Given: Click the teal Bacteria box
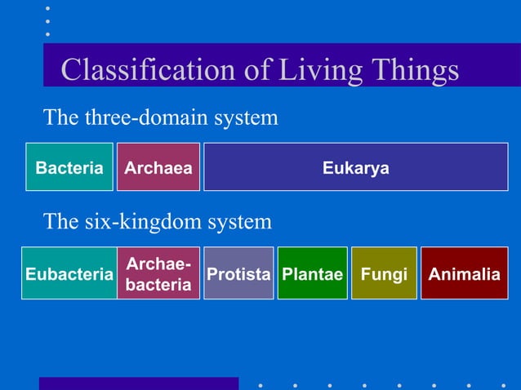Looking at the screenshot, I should (69, 168).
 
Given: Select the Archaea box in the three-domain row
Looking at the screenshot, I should (158, 168).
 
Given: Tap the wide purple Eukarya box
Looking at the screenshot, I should (355, 168).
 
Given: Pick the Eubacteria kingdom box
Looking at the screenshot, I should (69, 274).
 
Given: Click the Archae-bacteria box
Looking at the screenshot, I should (158, 274).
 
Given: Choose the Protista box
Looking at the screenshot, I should (238, 274).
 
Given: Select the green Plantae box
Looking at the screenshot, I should (313, 274).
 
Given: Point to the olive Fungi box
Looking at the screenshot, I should (384, 274).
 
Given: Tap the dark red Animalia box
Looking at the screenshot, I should (464, 274).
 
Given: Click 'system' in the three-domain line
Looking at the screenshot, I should (246, 118).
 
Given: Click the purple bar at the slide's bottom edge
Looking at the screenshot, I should (139, 383).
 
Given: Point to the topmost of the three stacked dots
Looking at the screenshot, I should (47, 8).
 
